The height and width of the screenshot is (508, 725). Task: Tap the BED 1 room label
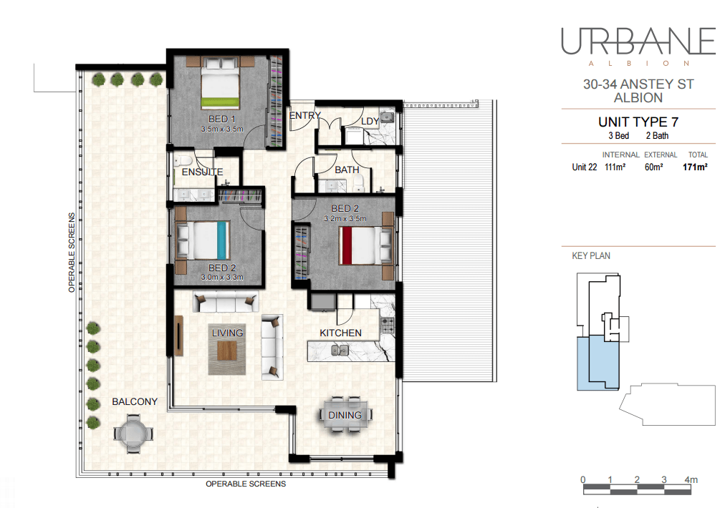[x=222, y=119]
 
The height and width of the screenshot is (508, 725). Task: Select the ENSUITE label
[x=202, y=172]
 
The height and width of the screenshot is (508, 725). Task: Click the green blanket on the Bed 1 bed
[x=220, y=102]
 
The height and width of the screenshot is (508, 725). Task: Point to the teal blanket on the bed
[x=222, y=240]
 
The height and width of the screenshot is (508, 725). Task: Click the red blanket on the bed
[x=345, y=245]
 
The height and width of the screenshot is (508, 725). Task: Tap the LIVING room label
[x=227, y=333]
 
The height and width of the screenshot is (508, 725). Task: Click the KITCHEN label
[x=340, y=333]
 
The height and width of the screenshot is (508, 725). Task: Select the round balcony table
[x=133, y=434]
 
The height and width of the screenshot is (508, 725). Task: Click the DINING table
[x=345, y=415]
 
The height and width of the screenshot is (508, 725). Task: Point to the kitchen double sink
[x=340, y=351]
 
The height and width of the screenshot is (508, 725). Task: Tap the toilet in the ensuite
[x=183, y=161]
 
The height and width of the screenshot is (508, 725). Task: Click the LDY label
[x=370, y=122]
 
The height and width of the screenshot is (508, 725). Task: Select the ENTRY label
[x=304, y=115]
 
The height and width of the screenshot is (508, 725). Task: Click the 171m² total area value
[x=695, y=167]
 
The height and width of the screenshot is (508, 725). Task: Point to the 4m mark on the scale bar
[x=691, y=480]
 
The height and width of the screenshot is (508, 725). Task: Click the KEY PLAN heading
[x=591, y=256]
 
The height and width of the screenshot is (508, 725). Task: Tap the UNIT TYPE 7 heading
[x=638, y=122]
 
